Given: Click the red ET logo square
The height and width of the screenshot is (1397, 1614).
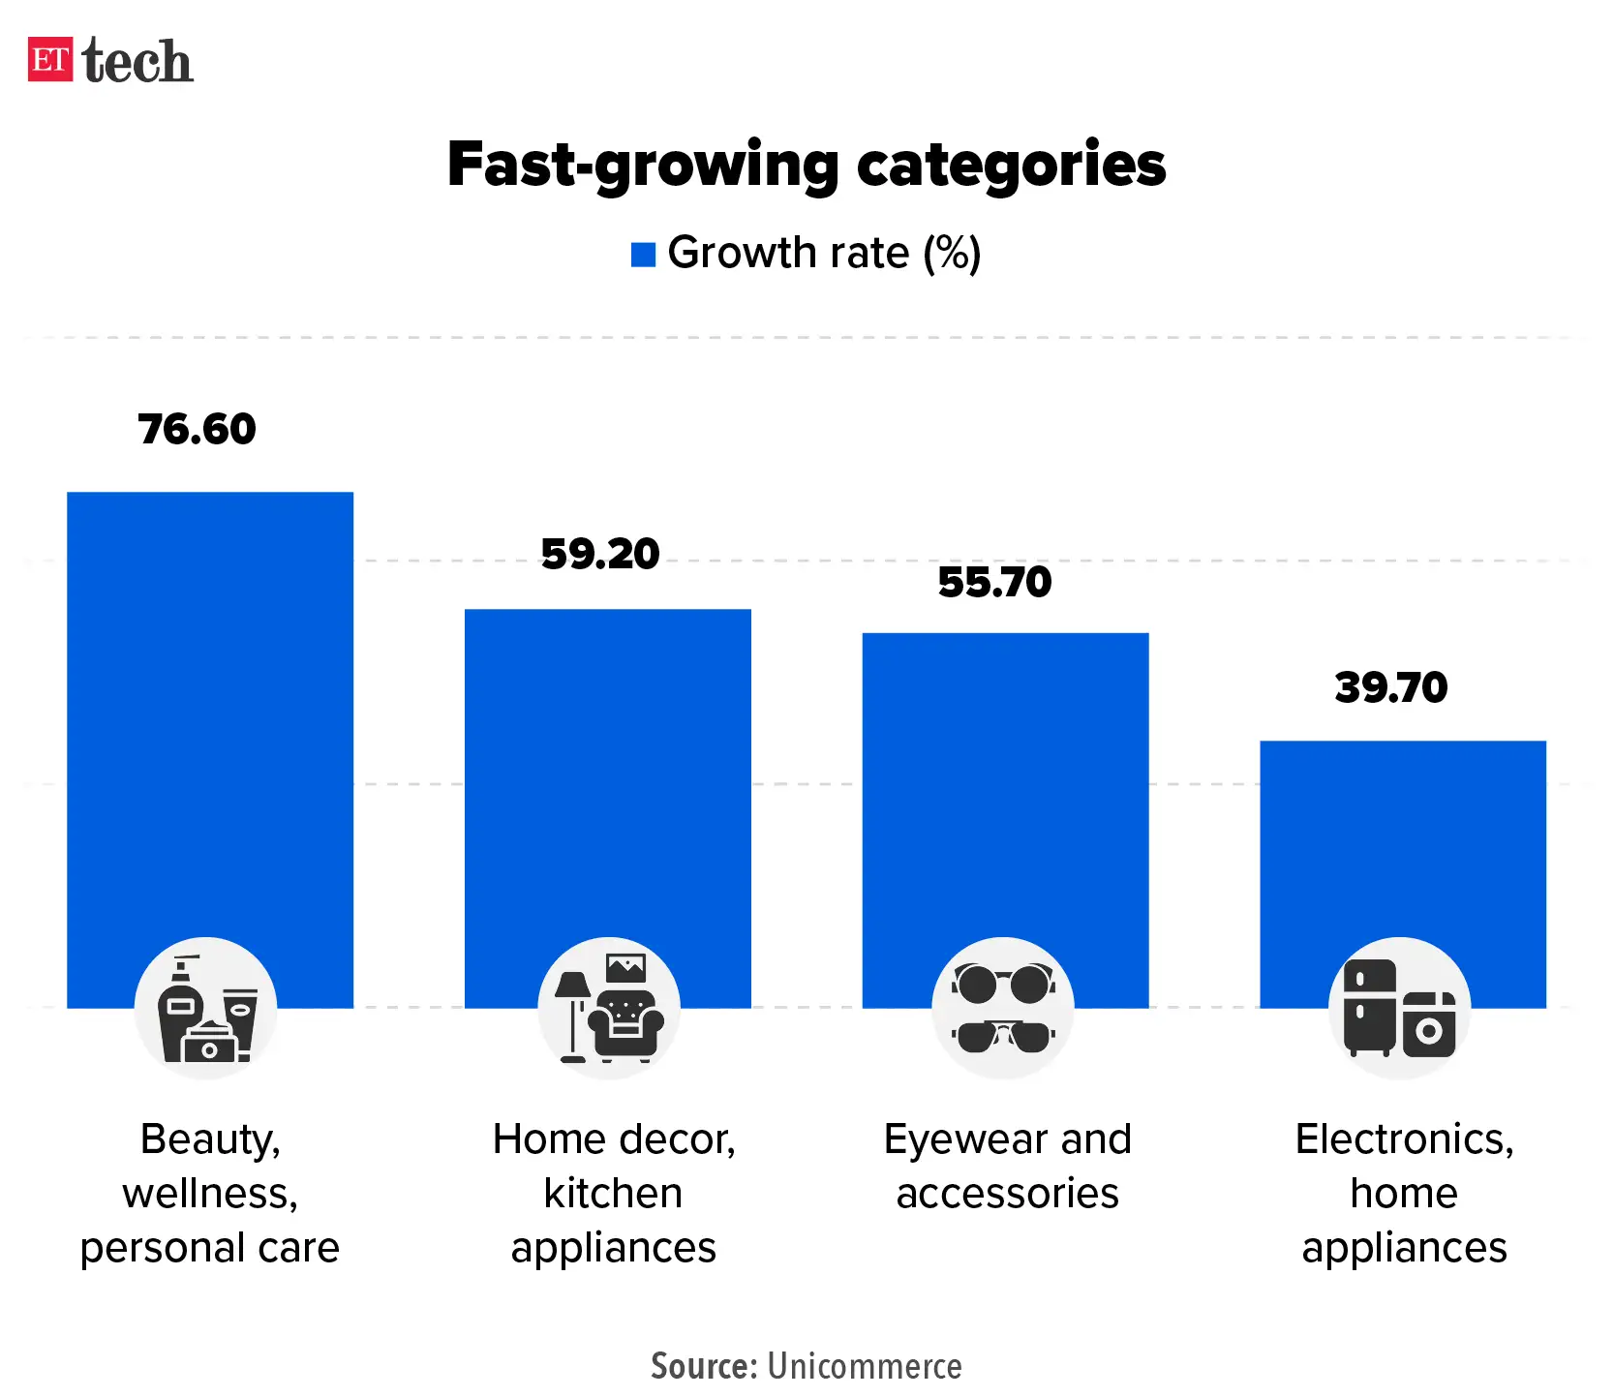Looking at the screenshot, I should tap(50, 59).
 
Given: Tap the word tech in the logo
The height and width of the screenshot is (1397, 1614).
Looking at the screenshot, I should tap(137, 62).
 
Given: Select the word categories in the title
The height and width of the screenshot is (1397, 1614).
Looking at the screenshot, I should tap(1011, 165).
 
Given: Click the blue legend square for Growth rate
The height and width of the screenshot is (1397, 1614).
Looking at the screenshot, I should tap(643, 255).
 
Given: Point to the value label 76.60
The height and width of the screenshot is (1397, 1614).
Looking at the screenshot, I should tap(197, 430).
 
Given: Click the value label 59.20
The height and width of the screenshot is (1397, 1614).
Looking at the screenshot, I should tap(600, 555).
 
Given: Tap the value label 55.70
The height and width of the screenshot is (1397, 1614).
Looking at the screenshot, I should tap(994, 583).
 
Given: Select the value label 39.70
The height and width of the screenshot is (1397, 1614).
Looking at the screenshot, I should tap(1391, 688).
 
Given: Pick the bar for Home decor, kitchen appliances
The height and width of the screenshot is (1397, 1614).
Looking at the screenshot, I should tap(608, 774).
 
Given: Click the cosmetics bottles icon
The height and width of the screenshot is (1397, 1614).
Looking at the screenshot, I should tap(206, 1009).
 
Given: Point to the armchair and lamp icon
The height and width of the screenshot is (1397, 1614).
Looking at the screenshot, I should tap(609, 1009).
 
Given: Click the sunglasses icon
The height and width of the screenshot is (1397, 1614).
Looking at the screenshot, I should tap(1003, 1009).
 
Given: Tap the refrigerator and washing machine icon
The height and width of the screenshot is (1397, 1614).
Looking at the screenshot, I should tap(1400, 1009).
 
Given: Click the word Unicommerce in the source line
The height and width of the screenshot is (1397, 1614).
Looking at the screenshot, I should tap(865, 1366).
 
